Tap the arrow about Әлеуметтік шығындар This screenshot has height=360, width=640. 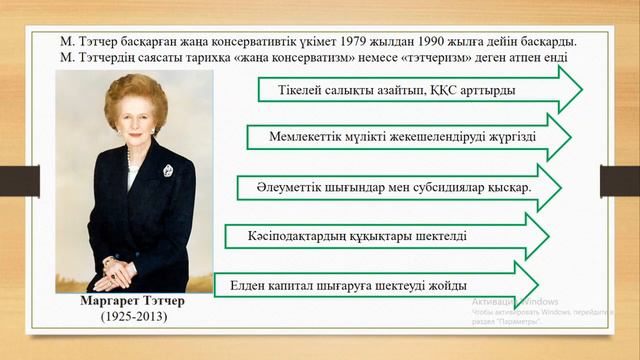coord(400,187)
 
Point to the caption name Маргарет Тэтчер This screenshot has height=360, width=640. coord(133,301)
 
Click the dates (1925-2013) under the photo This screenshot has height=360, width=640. coord(133,316)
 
